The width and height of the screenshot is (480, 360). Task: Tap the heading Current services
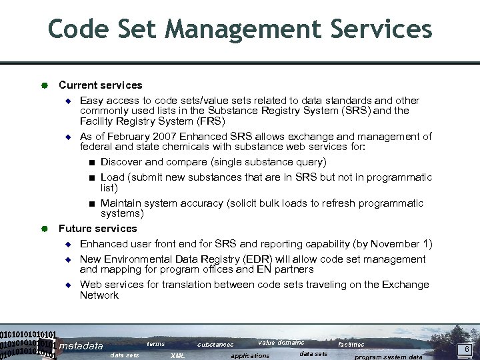(100, 85)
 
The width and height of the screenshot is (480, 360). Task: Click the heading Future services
(97, 229)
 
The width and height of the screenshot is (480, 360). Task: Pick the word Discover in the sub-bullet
(122, 162)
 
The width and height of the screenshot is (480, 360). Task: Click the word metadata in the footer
(81, 346)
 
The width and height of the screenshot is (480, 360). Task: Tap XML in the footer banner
(178, 356)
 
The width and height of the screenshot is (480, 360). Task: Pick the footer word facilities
(351, 345)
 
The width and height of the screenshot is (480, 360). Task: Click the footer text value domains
(281, 343)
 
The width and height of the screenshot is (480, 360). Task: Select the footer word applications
(250, 356)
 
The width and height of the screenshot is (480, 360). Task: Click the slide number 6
(467, 349)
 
